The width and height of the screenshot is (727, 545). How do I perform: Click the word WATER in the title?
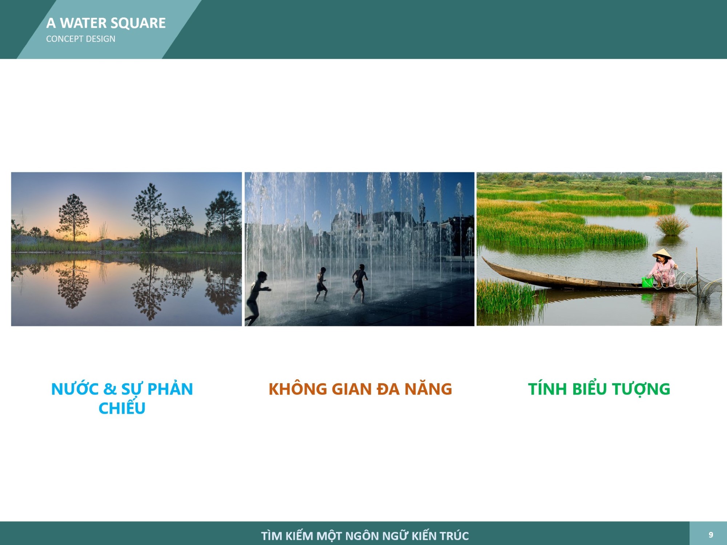[83, 23]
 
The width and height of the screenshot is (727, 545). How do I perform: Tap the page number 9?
[711, 535]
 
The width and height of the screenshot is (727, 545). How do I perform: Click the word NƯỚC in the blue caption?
[75, 389]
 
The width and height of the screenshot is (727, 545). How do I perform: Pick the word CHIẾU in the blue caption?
[122, 407]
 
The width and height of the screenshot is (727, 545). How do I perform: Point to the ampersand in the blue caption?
[110, 389]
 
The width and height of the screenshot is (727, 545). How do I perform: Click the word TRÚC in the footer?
[454, 535]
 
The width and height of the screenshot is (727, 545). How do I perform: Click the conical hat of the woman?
[662, 253]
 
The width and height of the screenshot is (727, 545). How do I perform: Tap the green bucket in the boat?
[647, 282]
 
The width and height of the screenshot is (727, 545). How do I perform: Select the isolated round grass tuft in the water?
[672, 225]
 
